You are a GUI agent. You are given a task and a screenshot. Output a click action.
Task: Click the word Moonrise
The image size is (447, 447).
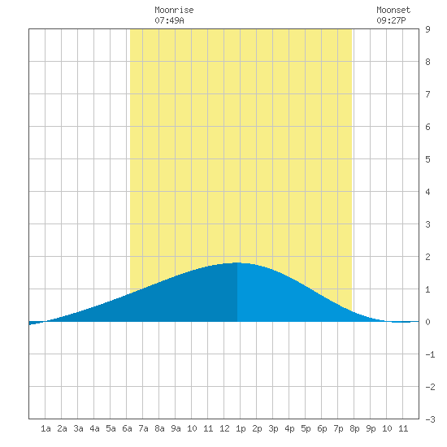click(174, 10)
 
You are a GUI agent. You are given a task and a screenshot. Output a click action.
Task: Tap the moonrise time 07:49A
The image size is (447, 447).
click(169, 20)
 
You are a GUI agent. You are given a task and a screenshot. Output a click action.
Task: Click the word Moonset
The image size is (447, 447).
click(393, 10)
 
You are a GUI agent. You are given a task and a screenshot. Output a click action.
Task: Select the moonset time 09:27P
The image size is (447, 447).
click(391, 20)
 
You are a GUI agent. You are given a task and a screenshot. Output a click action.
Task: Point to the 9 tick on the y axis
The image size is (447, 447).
click(427, 29)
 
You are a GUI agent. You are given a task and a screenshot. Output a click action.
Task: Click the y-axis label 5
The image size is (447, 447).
click(427, 159)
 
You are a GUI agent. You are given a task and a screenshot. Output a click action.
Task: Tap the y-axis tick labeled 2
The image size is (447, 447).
click(427, 257)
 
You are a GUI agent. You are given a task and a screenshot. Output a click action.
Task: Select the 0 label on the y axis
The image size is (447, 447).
click(427, 322)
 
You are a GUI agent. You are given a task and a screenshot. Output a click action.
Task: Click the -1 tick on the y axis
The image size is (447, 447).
click(430, 354)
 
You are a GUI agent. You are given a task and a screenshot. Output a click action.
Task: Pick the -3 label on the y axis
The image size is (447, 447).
click(430, 419)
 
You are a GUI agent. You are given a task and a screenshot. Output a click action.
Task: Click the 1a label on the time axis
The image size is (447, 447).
click(46, 428)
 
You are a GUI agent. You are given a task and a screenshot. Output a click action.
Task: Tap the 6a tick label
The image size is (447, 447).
click(127, 428)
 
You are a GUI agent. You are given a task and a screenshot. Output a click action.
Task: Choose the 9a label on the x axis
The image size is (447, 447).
click(176, 428)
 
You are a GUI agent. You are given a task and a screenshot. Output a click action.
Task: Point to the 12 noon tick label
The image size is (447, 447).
click(224, 428)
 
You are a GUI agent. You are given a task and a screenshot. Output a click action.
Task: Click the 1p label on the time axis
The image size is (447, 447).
click(241, 428)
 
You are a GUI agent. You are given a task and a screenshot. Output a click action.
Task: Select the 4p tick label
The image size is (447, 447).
click(289, 428)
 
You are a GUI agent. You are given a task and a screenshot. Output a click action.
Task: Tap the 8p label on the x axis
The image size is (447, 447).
click(354, 428)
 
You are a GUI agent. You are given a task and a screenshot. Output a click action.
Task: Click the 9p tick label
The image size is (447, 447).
click(371, 428)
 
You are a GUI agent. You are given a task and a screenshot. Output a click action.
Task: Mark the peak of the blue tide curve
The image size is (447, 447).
click(237, 263)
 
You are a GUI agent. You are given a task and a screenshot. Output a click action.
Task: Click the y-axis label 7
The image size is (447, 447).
click(427, 94)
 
